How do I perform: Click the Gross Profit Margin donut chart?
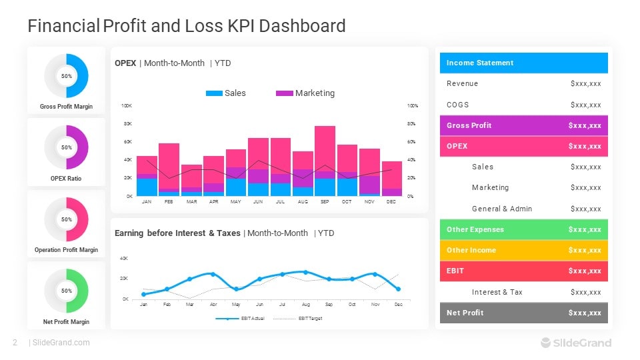tap(66, 76)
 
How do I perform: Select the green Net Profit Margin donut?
tap(66, 291)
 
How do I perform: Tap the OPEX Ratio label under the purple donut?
tap(66, 179)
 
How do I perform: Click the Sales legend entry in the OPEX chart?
tap(226, 93)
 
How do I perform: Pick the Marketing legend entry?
tap(305, 93)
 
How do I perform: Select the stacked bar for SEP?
tap(325, 161)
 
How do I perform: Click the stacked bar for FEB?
tap(169, 169)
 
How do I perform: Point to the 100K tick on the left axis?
tap(126, 106)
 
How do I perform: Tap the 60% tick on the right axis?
tap(412, 142)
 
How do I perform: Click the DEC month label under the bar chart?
tap(391, 201)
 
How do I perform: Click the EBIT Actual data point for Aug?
tap(305, 272)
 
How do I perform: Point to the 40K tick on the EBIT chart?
tap(124, 258)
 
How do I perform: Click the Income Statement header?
tap(480, 63)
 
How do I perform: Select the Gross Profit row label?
tap(469, 125)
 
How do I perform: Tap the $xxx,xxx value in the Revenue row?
tap(585, 84)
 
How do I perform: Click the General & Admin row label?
tap(501, 209)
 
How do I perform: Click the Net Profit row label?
tap(465, 313)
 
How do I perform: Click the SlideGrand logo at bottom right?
tap(575, 343)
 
